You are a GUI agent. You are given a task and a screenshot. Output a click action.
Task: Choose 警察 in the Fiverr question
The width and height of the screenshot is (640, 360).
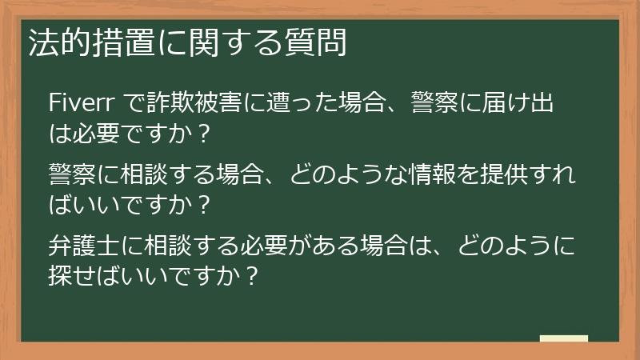click(x=434, y=102)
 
